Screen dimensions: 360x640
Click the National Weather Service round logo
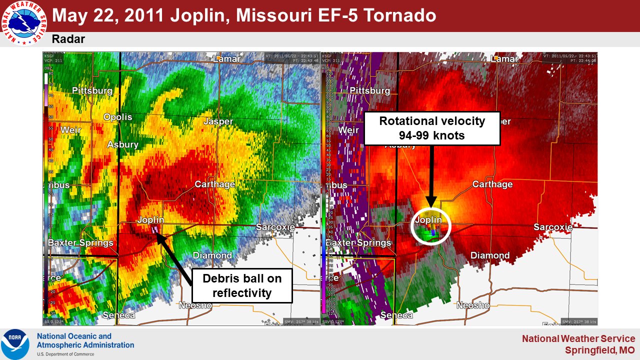tap(23, 23)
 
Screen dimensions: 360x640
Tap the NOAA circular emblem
tap(14, 344)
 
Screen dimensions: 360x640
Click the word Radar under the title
tap(68, 39)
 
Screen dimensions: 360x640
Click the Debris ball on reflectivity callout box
tap(242, 285)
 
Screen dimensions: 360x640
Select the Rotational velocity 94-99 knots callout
tap(432, 128)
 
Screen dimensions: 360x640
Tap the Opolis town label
tap(118, 117)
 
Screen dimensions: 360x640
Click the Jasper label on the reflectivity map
tap(218, 121)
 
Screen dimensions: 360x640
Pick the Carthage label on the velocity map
tap(492, 184)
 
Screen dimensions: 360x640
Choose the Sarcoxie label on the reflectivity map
tap(275, 227)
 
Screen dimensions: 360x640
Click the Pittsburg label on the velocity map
tap(369, 91)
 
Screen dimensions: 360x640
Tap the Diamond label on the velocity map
tap(490, 255)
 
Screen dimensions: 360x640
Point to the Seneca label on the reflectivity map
tap(118, 315)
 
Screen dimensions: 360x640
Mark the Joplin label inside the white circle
tap(428, 219)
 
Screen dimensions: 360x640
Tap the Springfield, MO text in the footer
tap(600, 350)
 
